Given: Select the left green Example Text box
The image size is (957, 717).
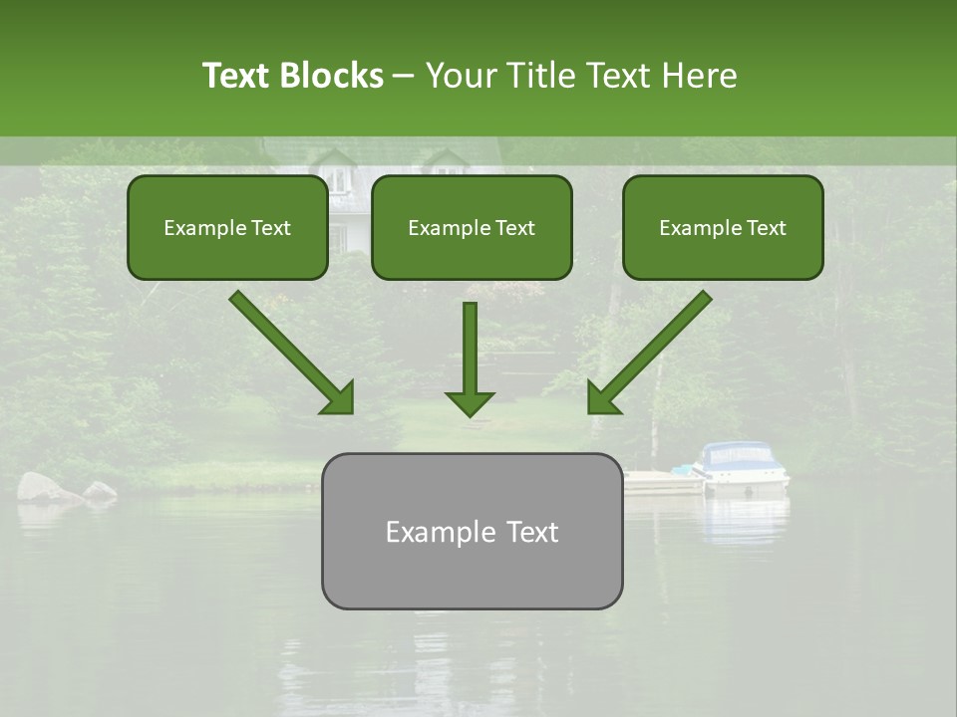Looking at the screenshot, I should point(227,228).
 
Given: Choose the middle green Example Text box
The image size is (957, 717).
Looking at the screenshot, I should point(472,228).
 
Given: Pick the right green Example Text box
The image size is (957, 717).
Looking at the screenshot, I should point(723,228).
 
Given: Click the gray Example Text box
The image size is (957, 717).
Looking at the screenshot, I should point(472,532).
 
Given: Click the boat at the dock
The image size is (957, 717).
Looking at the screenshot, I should point(742,465).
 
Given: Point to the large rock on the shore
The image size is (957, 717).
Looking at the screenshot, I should point(43,487).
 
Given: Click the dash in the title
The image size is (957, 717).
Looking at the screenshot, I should point(404,76).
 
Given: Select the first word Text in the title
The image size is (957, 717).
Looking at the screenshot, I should point(236,76).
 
